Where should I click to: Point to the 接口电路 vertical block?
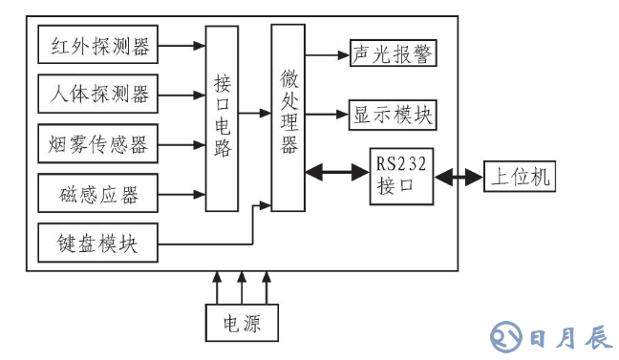[x=222, y=119]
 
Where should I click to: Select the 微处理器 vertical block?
[x=287, y=117]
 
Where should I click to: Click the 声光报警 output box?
[x=393, y=55]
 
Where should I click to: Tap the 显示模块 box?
[x=393, y=116]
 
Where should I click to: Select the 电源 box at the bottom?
[x=244, y=323]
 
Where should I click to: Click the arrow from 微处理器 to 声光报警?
[x=326, y=55]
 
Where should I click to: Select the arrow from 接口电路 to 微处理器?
[x=253, y=114]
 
